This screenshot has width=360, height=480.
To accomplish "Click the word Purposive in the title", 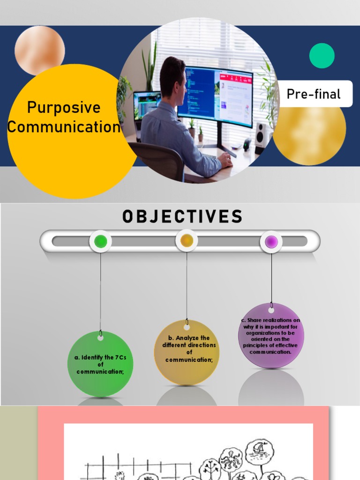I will tap(64, 107).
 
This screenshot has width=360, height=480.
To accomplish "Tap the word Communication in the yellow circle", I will tap(64, 127).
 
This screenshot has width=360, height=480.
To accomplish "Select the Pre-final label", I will tap(314, 94).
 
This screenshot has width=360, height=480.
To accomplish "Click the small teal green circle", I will tap(322, 56).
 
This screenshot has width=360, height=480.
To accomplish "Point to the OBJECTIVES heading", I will tap(182, 217).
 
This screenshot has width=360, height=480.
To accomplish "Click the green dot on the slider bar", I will tap(100, 242).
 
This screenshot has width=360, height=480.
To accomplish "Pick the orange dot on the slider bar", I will tap(187, 241).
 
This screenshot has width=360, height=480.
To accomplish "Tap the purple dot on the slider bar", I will tap(271, 242).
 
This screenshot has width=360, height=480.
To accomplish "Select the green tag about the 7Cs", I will tap(100, 364).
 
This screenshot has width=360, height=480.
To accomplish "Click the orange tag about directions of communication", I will tap(187, 352).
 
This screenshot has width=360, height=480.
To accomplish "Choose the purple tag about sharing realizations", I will tap(271, 336).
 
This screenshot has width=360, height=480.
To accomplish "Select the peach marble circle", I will tap(40, 50).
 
